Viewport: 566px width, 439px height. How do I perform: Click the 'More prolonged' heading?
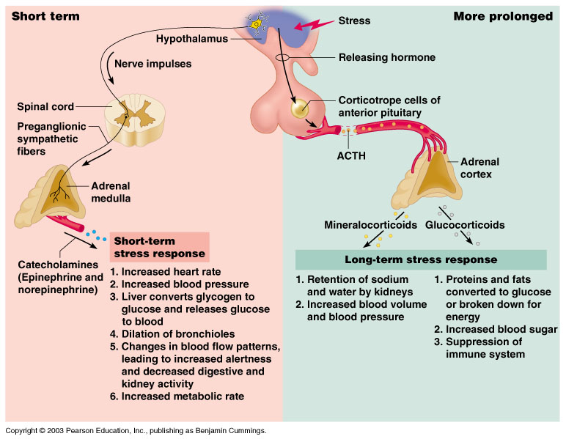503,16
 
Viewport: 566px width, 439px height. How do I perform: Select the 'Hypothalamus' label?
191,38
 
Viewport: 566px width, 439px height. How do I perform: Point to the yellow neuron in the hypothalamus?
257,24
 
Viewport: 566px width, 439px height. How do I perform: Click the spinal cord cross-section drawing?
133,117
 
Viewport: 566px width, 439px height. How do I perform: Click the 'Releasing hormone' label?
386,57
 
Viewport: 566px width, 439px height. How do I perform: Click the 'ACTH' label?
350,155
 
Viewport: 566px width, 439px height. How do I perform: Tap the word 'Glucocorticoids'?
465,225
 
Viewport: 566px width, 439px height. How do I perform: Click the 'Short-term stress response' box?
159,247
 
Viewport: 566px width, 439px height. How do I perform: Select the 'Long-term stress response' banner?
420,259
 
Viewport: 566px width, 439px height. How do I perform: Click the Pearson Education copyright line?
136,431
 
